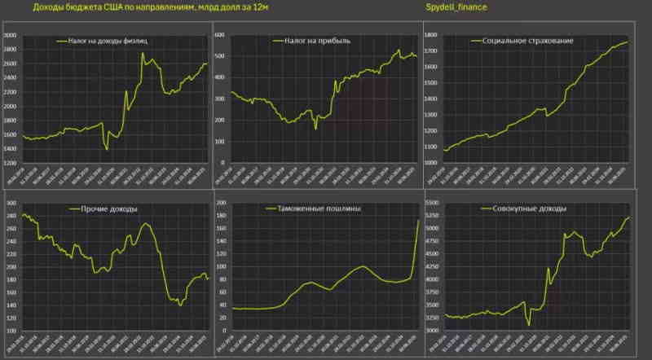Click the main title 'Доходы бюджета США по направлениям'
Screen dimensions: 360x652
[139, 7]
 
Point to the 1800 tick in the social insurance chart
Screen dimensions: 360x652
[431, 35]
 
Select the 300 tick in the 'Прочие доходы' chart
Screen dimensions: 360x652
[11, 203]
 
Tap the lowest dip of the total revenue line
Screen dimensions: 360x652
[530, 325]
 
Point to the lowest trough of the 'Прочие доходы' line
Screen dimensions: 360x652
[179, 305]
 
